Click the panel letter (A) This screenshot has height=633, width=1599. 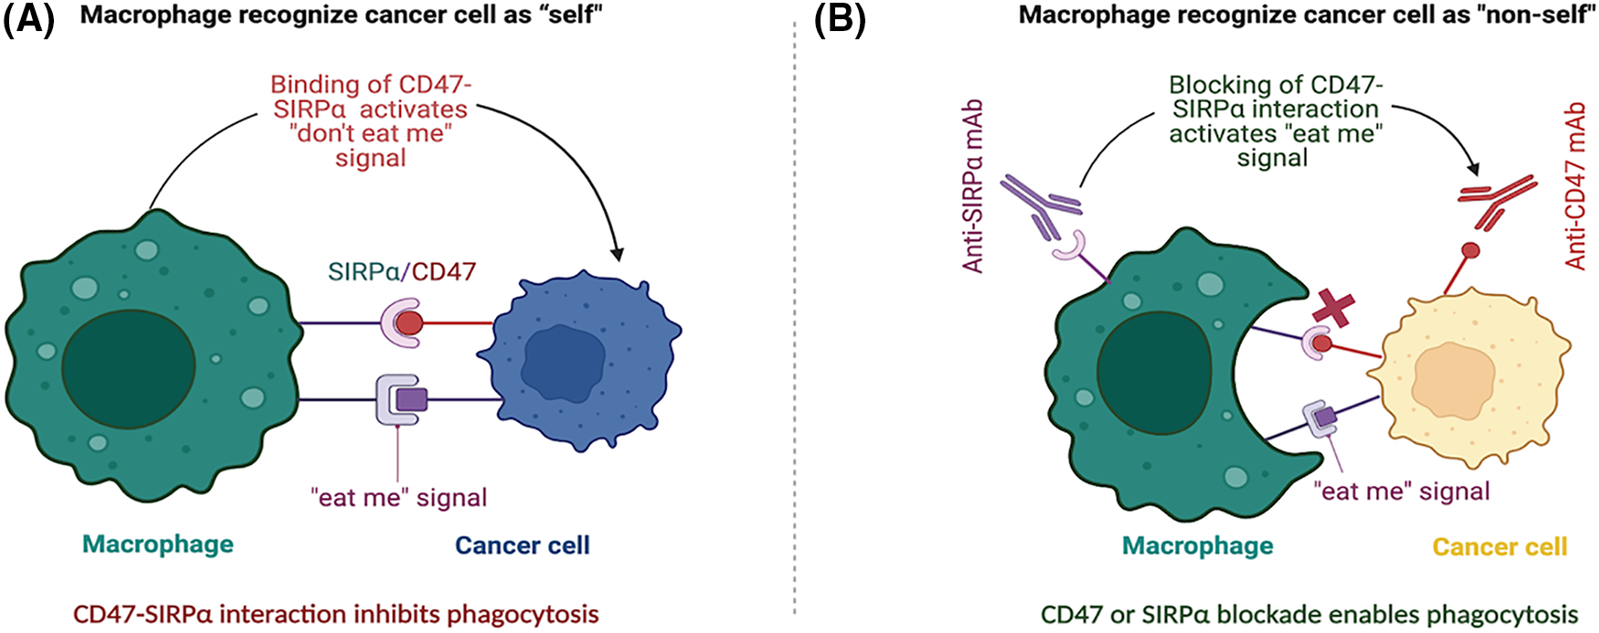click(x=29, y=18)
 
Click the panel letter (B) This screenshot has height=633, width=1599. click(x=840, y=18)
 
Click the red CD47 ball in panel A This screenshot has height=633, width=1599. click(x=409, y=322)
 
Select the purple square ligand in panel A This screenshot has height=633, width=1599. click(x=411, y=399)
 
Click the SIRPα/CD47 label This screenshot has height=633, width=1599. click(x=402, y=271)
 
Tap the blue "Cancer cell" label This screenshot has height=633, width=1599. click(x=523, y=545)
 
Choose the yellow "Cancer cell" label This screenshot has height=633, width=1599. click(x=1499, y=546)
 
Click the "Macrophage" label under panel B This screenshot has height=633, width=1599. click(x=1198, y=545)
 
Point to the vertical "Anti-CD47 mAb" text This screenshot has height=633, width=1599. click(x=1575, y=185)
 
